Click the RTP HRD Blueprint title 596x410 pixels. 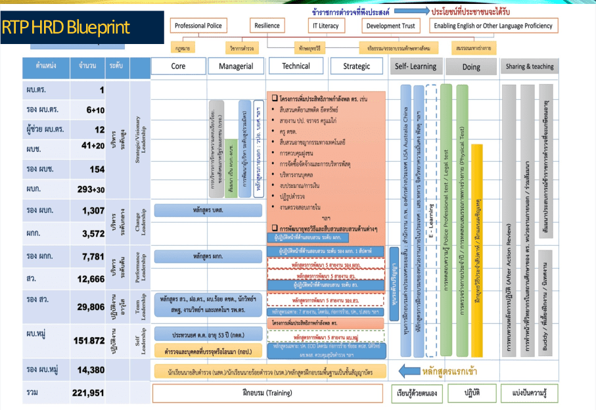pos(66,28)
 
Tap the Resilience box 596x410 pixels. pos(267,26)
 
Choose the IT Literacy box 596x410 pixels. pos(325,26)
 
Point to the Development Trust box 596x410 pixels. pos(391,26)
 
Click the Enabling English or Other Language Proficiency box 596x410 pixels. pos(492,26)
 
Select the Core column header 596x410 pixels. pos(178,66)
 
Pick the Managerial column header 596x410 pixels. pos(236,66)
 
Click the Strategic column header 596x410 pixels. pos(356,66)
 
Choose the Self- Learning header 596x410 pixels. pos(415,66)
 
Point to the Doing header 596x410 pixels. pos(470,67)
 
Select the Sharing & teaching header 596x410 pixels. pos(529,66)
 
